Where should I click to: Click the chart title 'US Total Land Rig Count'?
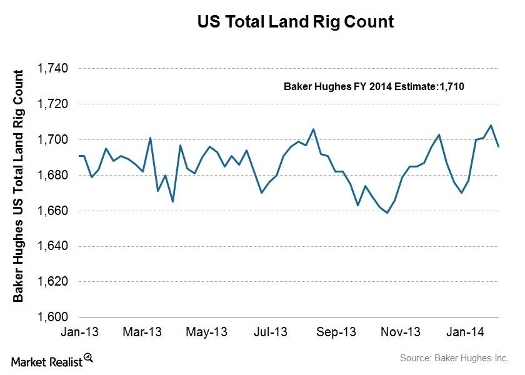click(296, 22)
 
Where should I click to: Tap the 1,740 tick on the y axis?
click(53, 69)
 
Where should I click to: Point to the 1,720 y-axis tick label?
click(53, 104)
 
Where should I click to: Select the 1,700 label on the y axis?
click(53, 139)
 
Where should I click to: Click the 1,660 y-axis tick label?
click(53, 211)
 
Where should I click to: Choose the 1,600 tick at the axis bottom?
click(53, 317)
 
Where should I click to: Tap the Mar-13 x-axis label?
click(142, 331)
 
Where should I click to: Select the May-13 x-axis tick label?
click(207, 331)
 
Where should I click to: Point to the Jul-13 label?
click(271, 331)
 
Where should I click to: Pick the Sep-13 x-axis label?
click(336, 331)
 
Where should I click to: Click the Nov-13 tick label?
click(401, 331)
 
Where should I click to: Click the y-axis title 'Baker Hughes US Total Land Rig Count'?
click(19, 186)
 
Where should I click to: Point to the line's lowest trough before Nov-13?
click(387, 213)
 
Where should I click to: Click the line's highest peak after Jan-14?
click(491, 125)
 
